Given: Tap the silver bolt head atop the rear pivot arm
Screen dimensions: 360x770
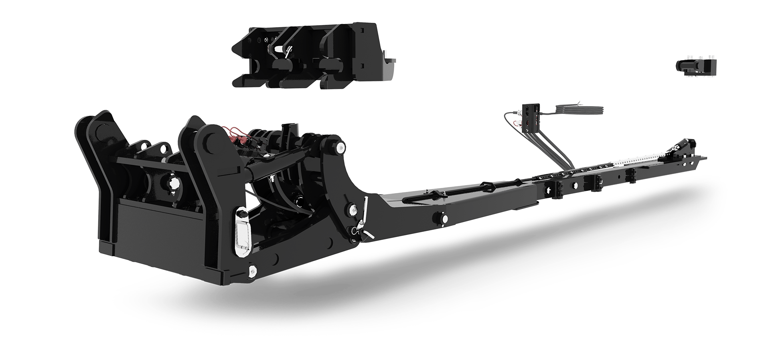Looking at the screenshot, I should pyautogui.click(x=340, y=148).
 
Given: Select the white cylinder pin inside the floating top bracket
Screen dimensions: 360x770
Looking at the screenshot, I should pyautogui.click(x=278, y=49).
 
